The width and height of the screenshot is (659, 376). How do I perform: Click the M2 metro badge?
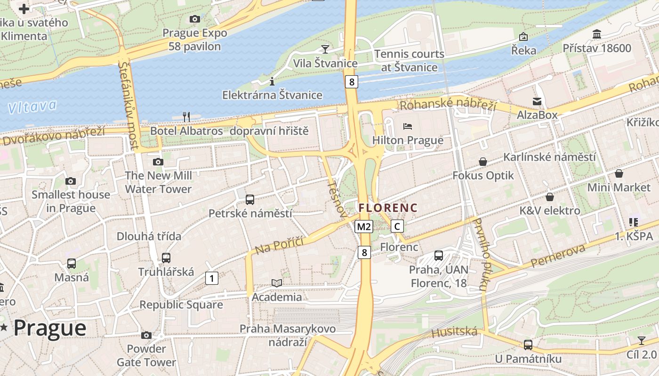tap(364, 227)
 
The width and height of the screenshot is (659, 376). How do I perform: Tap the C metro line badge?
tap(397, 227)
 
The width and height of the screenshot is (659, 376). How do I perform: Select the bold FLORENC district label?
tap(388, 207)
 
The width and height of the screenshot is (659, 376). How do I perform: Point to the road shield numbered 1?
tap(212, 278)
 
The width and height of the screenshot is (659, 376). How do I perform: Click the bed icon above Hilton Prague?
tap(408, 126)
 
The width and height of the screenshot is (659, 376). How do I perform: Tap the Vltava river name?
tap(32, 107)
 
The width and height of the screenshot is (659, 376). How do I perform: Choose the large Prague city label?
tap(50, 328)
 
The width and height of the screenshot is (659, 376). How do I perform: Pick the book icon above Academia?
tap(277, 283)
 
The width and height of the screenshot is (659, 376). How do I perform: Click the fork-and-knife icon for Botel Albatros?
tap(186, 116)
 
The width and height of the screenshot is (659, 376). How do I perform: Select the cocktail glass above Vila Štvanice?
tap(325, 48)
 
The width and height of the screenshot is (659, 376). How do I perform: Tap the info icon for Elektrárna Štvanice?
tap(272, 81)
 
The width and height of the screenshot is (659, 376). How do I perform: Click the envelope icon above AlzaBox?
tap(537, 101)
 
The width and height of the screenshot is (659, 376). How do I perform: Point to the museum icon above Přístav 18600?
tap(597, 34)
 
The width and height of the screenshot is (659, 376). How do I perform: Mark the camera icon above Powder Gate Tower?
tap(146, 335)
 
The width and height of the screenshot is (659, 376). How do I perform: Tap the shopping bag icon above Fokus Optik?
tap(483, 162)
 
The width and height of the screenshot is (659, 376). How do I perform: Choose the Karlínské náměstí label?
tap(550, 157)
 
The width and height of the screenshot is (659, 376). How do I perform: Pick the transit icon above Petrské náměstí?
tap(250, 199)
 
